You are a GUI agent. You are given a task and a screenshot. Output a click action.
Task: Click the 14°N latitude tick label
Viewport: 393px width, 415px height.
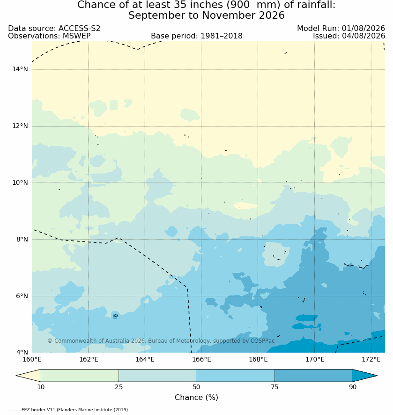(x=20, y=69)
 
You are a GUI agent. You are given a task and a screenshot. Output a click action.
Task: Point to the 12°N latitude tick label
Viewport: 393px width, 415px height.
(x=20, y=126)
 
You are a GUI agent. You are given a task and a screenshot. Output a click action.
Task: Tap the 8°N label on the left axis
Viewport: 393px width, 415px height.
(x=22, y=240)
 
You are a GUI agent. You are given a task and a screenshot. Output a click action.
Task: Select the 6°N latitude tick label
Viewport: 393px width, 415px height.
(x=22, y=296)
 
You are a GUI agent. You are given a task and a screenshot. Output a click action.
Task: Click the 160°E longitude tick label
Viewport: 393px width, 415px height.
(x=32, y=359)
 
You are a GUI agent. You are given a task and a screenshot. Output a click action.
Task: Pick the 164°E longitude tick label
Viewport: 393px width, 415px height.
(x=145, y=359)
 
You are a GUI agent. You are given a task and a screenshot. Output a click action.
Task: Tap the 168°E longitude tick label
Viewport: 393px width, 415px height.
(x=258, y=359)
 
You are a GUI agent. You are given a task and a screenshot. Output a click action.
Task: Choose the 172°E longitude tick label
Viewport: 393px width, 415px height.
(x=371, y=359)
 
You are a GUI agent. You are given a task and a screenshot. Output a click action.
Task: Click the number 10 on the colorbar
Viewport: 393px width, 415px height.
(x=41, y=387)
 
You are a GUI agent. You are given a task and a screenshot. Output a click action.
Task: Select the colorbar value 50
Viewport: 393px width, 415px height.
(x=197, y=387)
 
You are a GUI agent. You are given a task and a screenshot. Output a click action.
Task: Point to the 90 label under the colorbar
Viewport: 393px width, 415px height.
(x=353, y=387)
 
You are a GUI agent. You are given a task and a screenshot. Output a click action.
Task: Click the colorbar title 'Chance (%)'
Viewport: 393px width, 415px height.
(x=197, y=398)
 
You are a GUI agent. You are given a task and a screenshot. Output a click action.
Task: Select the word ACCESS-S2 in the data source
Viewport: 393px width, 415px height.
(x=79, y=29)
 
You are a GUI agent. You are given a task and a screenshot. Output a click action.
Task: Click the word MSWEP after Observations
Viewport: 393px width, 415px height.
(x=77, y=36)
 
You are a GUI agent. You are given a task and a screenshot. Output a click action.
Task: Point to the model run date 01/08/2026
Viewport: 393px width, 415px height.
(x=363, y=29)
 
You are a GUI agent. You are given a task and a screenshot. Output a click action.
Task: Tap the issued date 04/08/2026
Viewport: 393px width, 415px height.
(x=363, y=36)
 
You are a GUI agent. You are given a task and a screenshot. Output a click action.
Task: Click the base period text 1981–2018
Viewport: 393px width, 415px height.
(x=222, y=36)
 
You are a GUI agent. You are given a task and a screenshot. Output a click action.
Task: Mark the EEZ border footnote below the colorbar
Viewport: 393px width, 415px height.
(x=68, y=410)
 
